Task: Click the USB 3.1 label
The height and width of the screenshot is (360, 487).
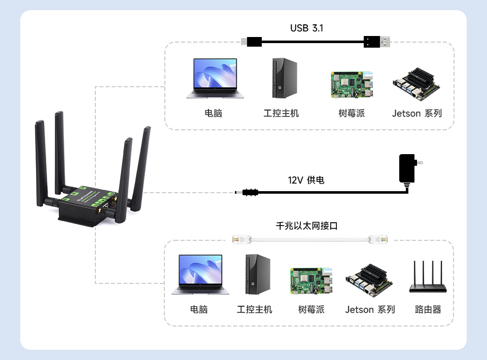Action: click(306, 28)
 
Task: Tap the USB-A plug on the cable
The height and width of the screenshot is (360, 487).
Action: click(378, 42)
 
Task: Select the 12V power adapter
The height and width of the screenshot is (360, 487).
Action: click(407, 168)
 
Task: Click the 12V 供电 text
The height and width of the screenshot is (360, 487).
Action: click(306, 180)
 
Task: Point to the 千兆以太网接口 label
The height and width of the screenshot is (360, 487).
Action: click(306, 226)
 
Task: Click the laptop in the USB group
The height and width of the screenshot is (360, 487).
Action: click(215, 78)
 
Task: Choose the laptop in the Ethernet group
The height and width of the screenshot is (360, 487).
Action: click(200, 274)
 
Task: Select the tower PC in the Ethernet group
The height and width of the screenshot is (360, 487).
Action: click(257, 275)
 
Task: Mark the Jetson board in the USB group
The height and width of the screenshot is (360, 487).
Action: click(416, 84)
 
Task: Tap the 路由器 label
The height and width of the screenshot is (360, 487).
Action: click(428, 309)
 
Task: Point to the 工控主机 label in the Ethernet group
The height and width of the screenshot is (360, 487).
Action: click(255, 309)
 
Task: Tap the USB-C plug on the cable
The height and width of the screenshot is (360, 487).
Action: click(252, 42)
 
